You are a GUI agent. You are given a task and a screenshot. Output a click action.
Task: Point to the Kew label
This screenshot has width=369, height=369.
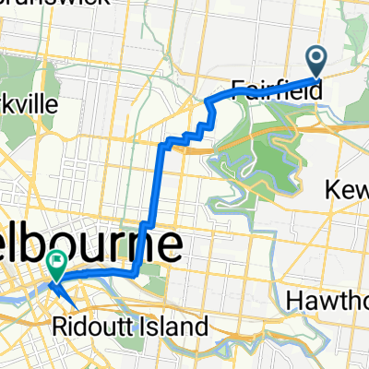tap(349, 189)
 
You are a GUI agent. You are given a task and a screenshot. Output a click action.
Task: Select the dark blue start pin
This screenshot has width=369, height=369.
tap(315, 61)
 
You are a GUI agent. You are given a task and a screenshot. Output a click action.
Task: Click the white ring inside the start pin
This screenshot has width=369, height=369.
tap(315, 57)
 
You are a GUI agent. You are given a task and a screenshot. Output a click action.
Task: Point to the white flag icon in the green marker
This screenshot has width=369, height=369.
tap(56, 264)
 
